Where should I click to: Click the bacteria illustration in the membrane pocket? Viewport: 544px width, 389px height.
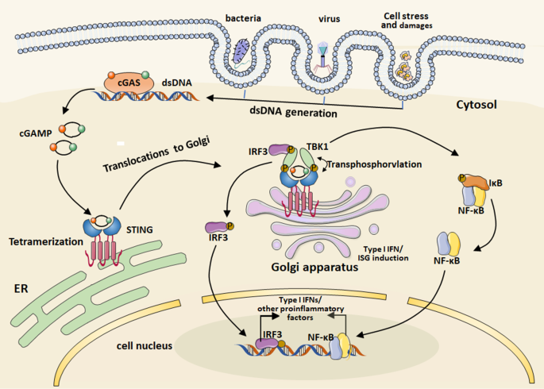pos(241,52)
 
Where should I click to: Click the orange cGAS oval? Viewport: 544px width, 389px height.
pos(126,81)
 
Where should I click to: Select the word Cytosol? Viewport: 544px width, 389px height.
pos(480,105)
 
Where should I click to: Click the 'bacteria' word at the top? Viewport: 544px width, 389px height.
pos(242,17)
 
